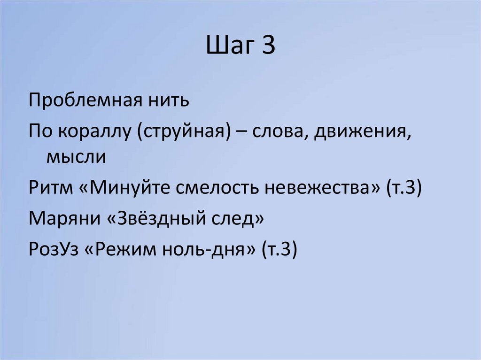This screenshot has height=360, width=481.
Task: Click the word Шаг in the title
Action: (229, 47)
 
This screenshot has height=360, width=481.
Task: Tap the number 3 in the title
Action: (268, 47)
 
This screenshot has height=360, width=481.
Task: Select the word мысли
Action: (76, 156)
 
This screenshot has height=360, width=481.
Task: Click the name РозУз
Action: (52, 250)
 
